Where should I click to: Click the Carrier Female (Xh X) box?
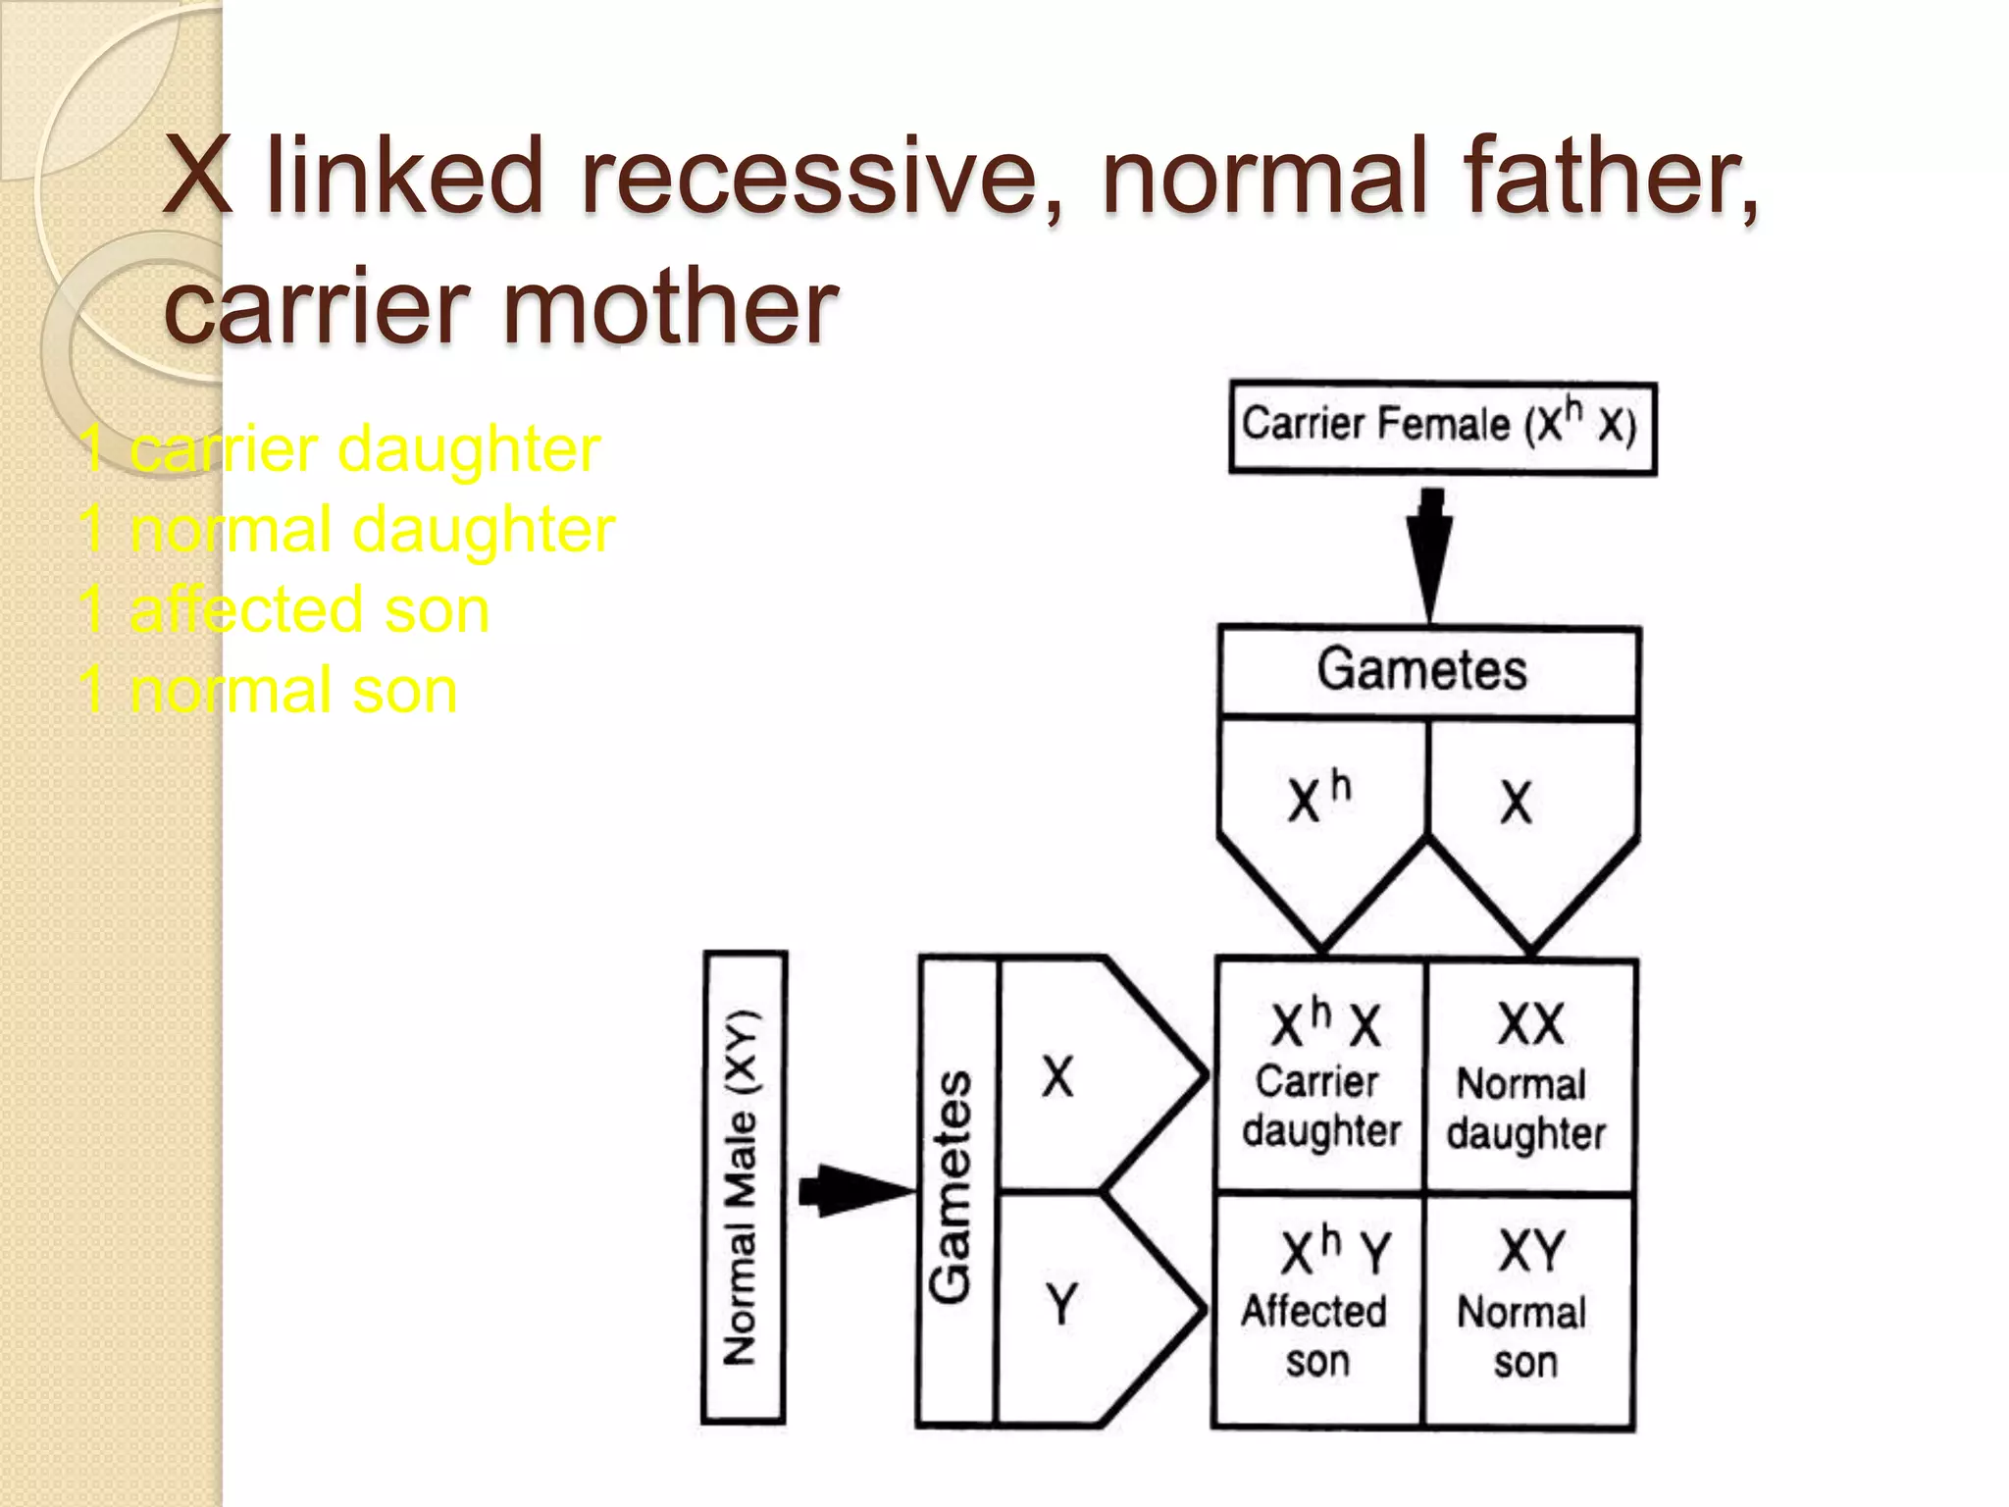(x=1442, y=427)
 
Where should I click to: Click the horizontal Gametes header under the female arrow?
(x=1428, y=671)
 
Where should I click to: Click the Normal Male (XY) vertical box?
(x=745, y=1187)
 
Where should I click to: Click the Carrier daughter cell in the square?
(x=1319, y=1076)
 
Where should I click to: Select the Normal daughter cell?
(x=1528, y=1076)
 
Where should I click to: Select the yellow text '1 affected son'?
(x=284, y=609)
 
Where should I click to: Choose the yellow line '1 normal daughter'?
(x=347, y=530)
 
